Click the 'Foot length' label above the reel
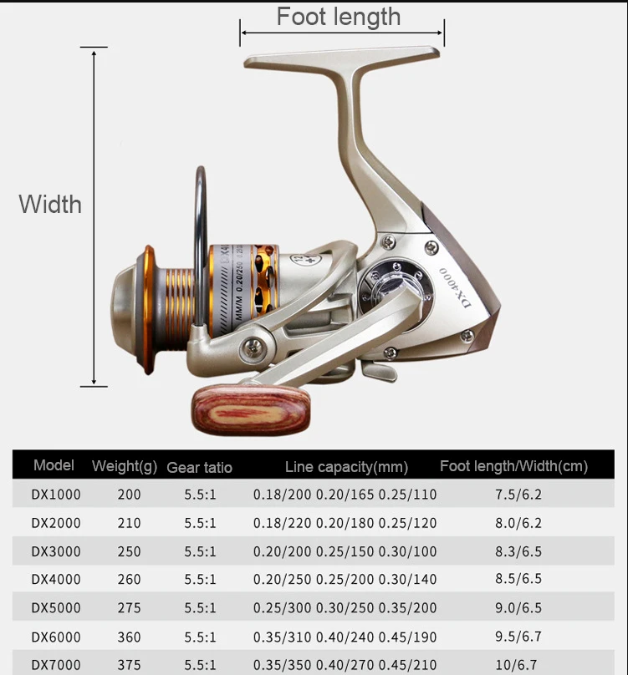(x=339, y=18)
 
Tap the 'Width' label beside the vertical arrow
(x=50, y=204)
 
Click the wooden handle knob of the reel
(x=251, y=409)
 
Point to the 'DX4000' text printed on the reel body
(x=455, y=287)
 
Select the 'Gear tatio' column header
(x=199, y=468)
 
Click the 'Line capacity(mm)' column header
(x=346, y=467)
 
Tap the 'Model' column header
(x=54, y=465)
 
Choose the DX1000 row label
(x=56, y=495)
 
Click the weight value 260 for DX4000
(x=130, y=580)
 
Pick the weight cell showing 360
(x=130, y=637)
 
